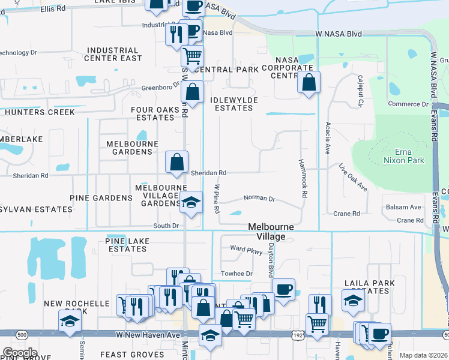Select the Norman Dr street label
(259, 199)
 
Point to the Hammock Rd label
(304, 179)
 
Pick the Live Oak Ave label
(353, 178)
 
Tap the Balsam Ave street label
(403, 207)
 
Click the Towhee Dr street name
(237, 274)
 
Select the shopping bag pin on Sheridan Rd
(177, 162)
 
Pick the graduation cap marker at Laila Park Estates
(353, 301)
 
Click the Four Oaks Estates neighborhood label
(155, 113)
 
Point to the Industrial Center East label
(113, 54)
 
